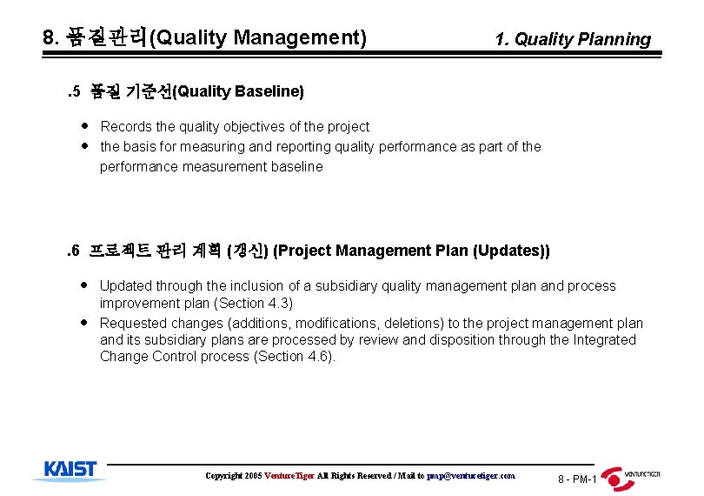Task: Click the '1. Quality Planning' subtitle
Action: [x=572, y=39]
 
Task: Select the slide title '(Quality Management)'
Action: [x=258, y=37]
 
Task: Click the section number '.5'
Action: [x=73, y=91]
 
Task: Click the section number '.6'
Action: [x=73, y=251]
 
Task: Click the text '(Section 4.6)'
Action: [x=294, y=357]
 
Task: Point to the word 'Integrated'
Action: [x=604, y=339]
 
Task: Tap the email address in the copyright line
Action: [x=471, y=476]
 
